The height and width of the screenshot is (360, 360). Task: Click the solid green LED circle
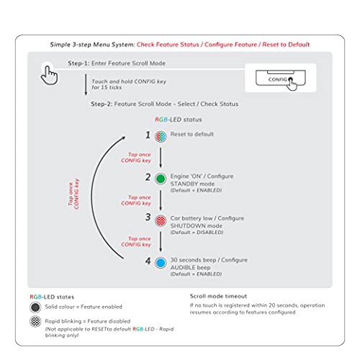pos(161,179)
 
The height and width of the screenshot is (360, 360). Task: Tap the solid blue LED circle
pos(161,263)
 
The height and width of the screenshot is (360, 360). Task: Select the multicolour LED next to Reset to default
pos(161,137)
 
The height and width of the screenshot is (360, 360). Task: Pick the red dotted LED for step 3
pos(161,220)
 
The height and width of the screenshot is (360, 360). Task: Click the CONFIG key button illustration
pos(281,78)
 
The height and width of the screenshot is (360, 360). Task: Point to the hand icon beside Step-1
pos(49,75)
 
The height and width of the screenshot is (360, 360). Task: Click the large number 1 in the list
pos(148,135)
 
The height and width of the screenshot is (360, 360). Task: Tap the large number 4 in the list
pos(148,261)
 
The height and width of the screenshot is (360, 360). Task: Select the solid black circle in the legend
pos(35,307)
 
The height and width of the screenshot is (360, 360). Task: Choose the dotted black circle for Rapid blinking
pos(35,321)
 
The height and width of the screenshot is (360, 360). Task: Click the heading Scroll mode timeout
pos(218,296)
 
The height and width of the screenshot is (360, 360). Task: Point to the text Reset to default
pos(192,134)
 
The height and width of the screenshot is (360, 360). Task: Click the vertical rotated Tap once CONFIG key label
pos(73,194)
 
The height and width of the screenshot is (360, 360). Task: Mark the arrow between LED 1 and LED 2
pos(161,158)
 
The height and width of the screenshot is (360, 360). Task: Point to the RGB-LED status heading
pos(179,120)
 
